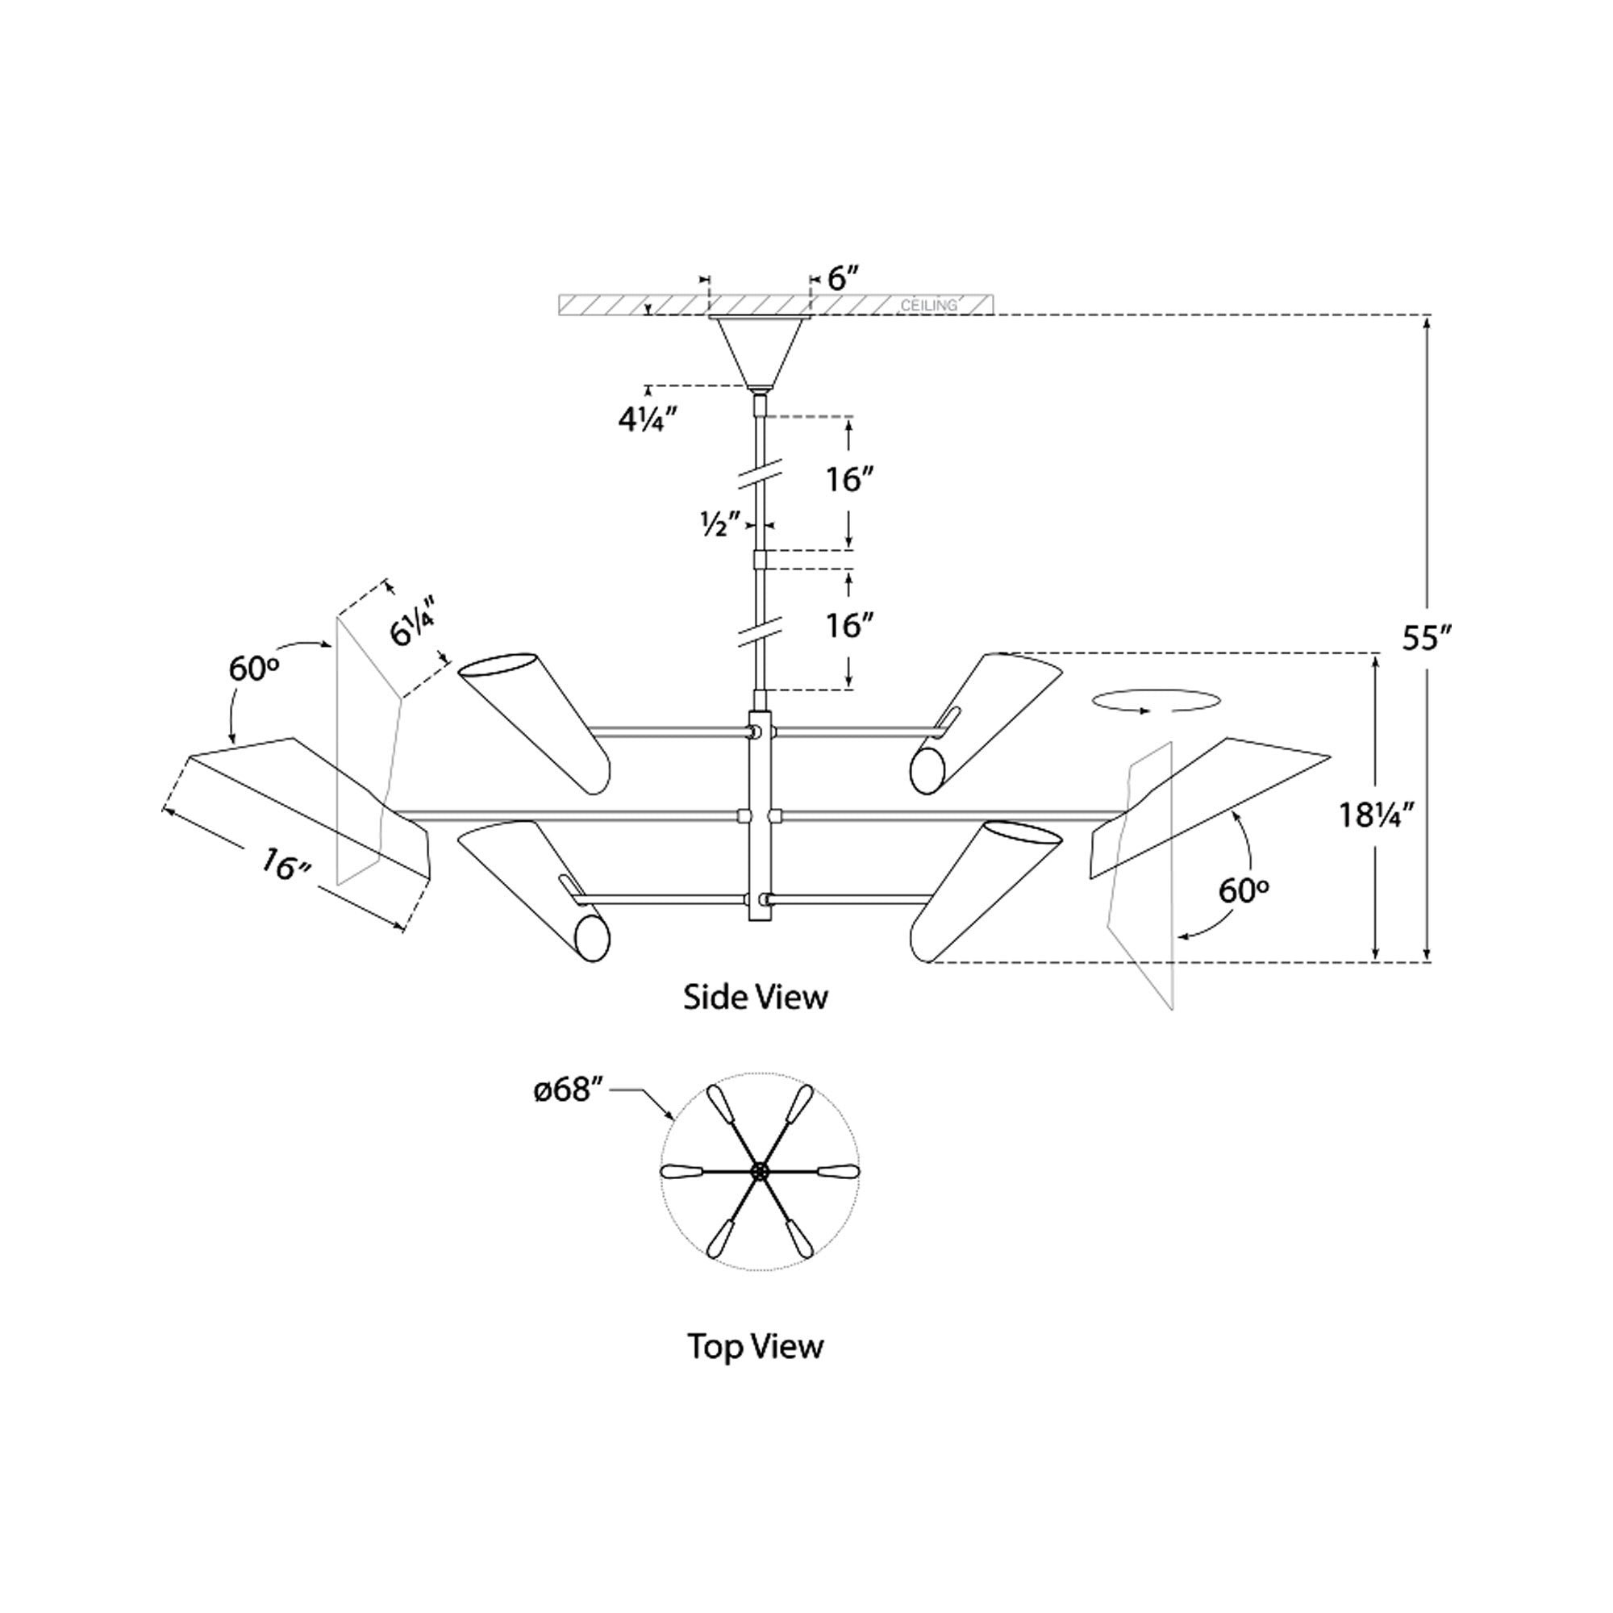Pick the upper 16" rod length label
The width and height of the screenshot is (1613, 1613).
point(849,480)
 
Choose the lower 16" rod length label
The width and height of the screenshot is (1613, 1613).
point(849,625)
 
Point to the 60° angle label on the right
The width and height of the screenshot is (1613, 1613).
point(1243,893)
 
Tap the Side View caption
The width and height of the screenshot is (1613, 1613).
point(756,997)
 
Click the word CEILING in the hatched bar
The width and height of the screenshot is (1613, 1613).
point(928,306)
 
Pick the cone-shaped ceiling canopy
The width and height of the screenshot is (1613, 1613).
point(759,351)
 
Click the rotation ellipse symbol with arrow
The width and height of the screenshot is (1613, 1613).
point(1154,702)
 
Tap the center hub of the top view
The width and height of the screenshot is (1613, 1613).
point(760,1171)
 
